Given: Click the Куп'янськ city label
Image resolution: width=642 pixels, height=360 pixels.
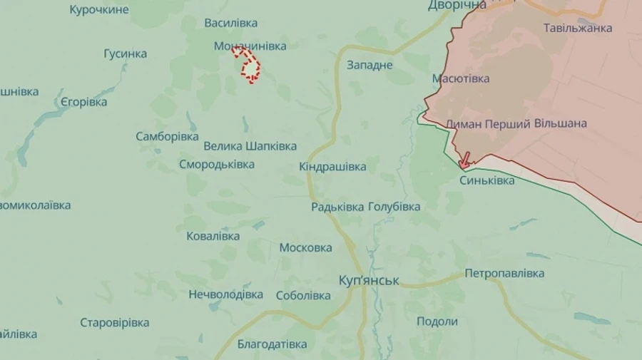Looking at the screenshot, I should coord(369,281).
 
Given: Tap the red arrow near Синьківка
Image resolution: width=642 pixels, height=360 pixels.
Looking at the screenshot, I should coord(464,160).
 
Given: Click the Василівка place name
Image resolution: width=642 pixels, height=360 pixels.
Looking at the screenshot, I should coord(230,23).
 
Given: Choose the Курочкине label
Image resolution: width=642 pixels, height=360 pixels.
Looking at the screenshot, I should coord(99,9).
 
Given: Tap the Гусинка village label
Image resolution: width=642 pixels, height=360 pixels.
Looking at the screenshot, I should coord(125,53).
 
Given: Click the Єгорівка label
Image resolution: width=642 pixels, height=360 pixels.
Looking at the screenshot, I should coord(83,102).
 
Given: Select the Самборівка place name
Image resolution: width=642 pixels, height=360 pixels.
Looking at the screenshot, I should coord(167,136).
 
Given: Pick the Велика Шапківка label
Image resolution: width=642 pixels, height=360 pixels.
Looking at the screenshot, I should coord(250,146).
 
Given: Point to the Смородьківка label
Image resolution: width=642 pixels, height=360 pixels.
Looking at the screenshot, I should coord(216,165).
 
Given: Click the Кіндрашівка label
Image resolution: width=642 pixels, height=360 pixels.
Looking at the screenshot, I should coord(332,167).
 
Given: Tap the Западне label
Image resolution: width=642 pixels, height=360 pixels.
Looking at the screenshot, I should coord(370,65).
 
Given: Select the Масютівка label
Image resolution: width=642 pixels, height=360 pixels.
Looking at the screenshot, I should coord(461,78).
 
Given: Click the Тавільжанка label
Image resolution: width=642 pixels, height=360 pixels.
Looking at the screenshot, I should coord(578,29).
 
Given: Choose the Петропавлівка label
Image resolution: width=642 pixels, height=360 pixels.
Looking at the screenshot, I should coord(504,273).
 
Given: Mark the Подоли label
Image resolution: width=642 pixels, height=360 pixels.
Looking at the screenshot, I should coord(437,322).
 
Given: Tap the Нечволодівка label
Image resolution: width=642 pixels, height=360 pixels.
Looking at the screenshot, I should coord(225,294).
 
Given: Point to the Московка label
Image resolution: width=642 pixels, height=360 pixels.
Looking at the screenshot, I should coord(305,248).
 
